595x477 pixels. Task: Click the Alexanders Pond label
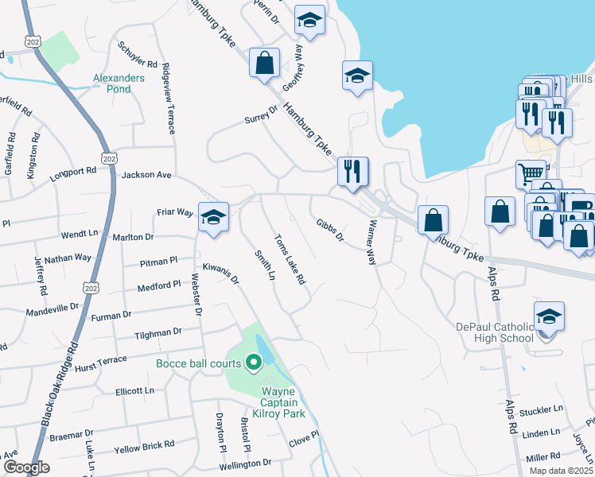click(x=119, y=84)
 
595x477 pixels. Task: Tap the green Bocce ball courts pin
click(x=255, y=363)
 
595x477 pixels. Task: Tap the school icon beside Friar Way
click(x=213, y=217)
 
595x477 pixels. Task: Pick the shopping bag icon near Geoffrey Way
click(x=265, y=63)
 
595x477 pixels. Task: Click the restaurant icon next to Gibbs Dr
click(x=352, y=170)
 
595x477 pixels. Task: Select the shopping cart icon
click(x=531, y=173)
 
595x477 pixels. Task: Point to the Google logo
click(x=26, y=467)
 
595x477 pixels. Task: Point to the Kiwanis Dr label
click(x=220, y=274)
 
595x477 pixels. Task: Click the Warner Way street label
click(x=371, y=242)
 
